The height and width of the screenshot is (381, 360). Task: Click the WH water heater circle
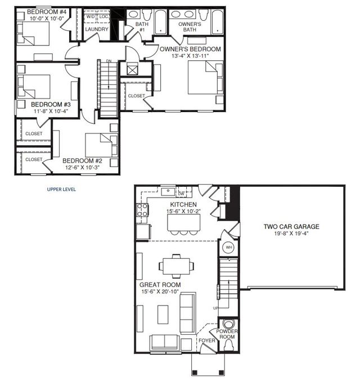pos(229,248)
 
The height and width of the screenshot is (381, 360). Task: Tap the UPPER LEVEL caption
pos(61,189)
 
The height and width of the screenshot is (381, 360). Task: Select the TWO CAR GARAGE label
pos(291,227)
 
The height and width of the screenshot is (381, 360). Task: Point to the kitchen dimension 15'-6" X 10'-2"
pos(183,211)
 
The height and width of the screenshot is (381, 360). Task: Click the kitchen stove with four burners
pos(142,210)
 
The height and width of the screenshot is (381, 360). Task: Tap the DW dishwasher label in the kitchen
pos(181,194)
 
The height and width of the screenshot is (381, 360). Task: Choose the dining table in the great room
pos(177,266)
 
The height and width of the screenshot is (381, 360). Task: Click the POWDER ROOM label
pos(227,334)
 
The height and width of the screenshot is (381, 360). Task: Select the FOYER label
pos(207,340)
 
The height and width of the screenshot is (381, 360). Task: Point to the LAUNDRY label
pos(97,29)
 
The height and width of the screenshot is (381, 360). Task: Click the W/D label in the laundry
pos(91,17)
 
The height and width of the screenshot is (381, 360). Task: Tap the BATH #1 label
pos(142,26)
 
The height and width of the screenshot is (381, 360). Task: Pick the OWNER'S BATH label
pos(190,26)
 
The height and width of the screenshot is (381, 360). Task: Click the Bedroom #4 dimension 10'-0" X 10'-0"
pos(47,18)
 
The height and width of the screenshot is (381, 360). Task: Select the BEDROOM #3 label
pos(51,105)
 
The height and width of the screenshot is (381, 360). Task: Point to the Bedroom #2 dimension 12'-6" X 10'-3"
pos(83,167)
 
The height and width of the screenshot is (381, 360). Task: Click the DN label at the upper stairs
pos(109,61)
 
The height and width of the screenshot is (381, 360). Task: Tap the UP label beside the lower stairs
pos(215,308)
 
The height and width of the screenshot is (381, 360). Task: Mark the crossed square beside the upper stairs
pos(132,70)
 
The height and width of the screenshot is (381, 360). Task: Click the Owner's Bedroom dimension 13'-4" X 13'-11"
pos(191,56)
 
